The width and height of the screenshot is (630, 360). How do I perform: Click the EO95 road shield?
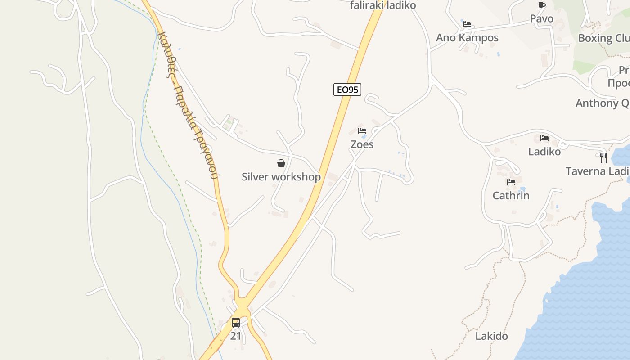pyautogui.click(x=347, y=90)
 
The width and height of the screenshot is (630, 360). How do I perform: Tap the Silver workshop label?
pyautogui.click(x=281, y=177)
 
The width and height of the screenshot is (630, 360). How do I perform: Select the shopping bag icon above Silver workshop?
pyautogui.click(x=281, y=163)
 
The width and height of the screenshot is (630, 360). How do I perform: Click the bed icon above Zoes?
pyautogui.click(x=362, y=131)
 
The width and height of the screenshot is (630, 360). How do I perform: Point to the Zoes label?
pyautogui.click(x=362, y=144)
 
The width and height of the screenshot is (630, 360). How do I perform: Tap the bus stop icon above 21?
pyautogui.click(x=236, y=322)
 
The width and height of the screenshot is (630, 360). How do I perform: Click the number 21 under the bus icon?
pyautogui.click(x=236, y=336)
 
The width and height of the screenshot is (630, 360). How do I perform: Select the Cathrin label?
pyautogui.click(x=511, y=196)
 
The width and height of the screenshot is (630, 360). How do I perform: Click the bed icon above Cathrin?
pyautogui.click(x=511, y=182)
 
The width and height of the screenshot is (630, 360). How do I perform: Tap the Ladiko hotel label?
pyautogui.click(x=544, y=152)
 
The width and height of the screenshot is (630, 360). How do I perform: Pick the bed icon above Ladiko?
pyautogui.click(x=544, y=138)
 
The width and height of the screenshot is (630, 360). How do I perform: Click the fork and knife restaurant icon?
pyautogui.click(x=603, y=158)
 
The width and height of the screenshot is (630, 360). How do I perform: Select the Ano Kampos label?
pyautogui.click(x=467, y=38)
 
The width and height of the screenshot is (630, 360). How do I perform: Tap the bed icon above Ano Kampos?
pyautogui.click(x=467, y=24)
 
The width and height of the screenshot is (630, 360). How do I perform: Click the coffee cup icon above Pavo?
pyautogui.click(x=542, y=5)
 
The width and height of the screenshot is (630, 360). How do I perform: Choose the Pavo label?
pyautogui.click(x=542, y=19)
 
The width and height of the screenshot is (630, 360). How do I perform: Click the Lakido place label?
pyautogui.click(x=492, y=336)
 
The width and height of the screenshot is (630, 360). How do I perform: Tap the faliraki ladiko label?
pyautogui.click(x=383, y=5)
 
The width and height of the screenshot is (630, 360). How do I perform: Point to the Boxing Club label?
pyautogui.click(x=603, y=38)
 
